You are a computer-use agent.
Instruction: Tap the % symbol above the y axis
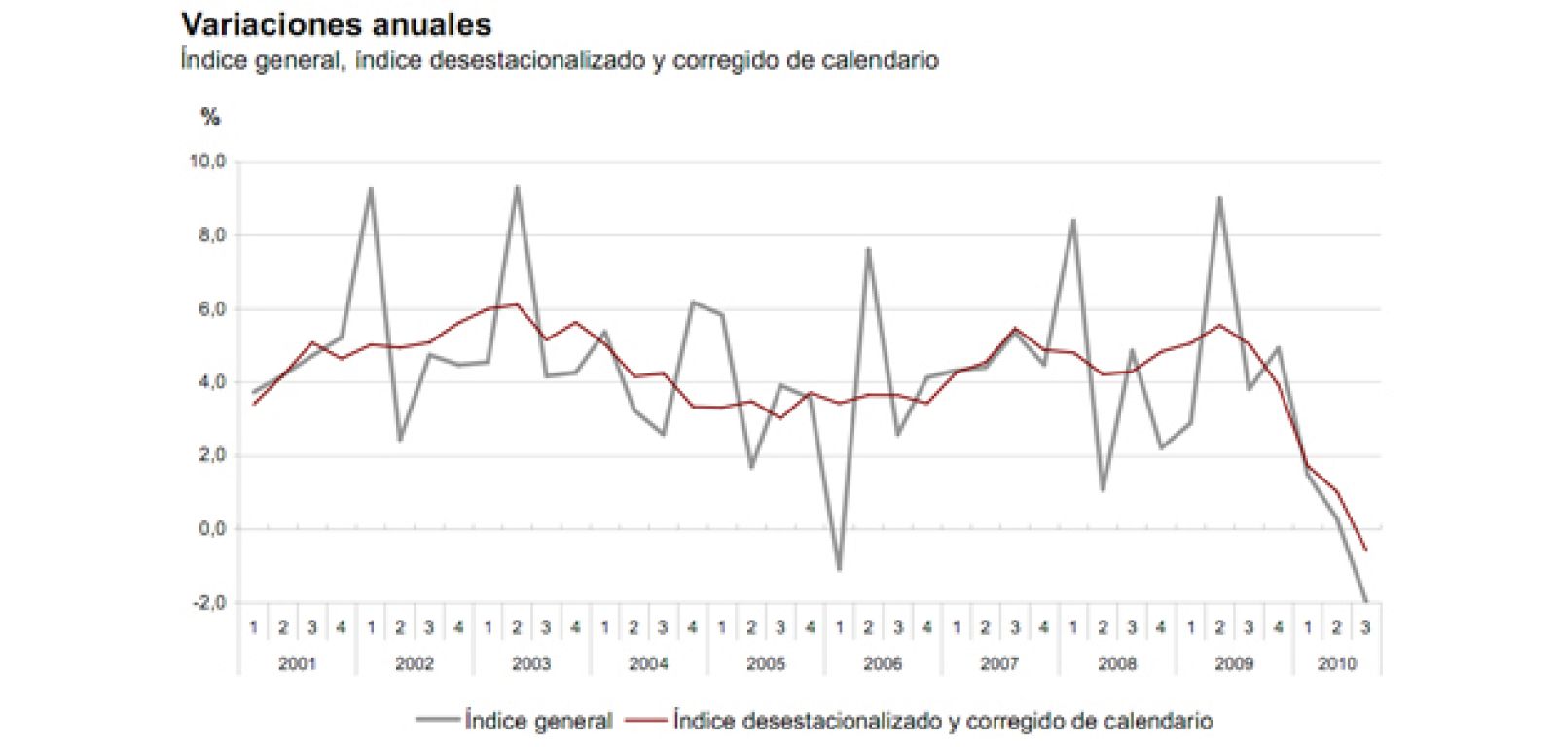tap(210, 118)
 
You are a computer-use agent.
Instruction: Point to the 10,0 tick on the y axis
tap(207, 161)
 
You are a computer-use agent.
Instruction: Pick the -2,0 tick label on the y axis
tap(207, 603)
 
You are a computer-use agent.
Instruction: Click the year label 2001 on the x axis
tap(297, 663)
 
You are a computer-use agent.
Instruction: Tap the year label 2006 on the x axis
tap(883, 663)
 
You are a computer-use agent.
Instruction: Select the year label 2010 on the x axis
tap(1336, 663)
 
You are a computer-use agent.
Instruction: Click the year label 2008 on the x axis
tap(1116, 663)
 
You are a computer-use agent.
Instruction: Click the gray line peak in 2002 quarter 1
tap(371, 189)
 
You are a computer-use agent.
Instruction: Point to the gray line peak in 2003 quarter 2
tap(517, 187)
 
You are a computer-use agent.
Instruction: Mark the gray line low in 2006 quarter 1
tap(839, 569)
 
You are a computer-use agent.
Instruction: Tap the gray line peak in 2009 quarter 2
tap(1219, 198)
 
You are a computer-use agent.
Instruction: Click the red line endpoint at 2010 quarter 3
tap(1365, 550)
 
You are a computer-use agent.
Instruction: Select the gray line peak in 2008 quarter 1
tap(1073, 220)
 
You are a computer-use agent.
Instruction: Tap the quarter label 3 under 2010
tap(1365, 628)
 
